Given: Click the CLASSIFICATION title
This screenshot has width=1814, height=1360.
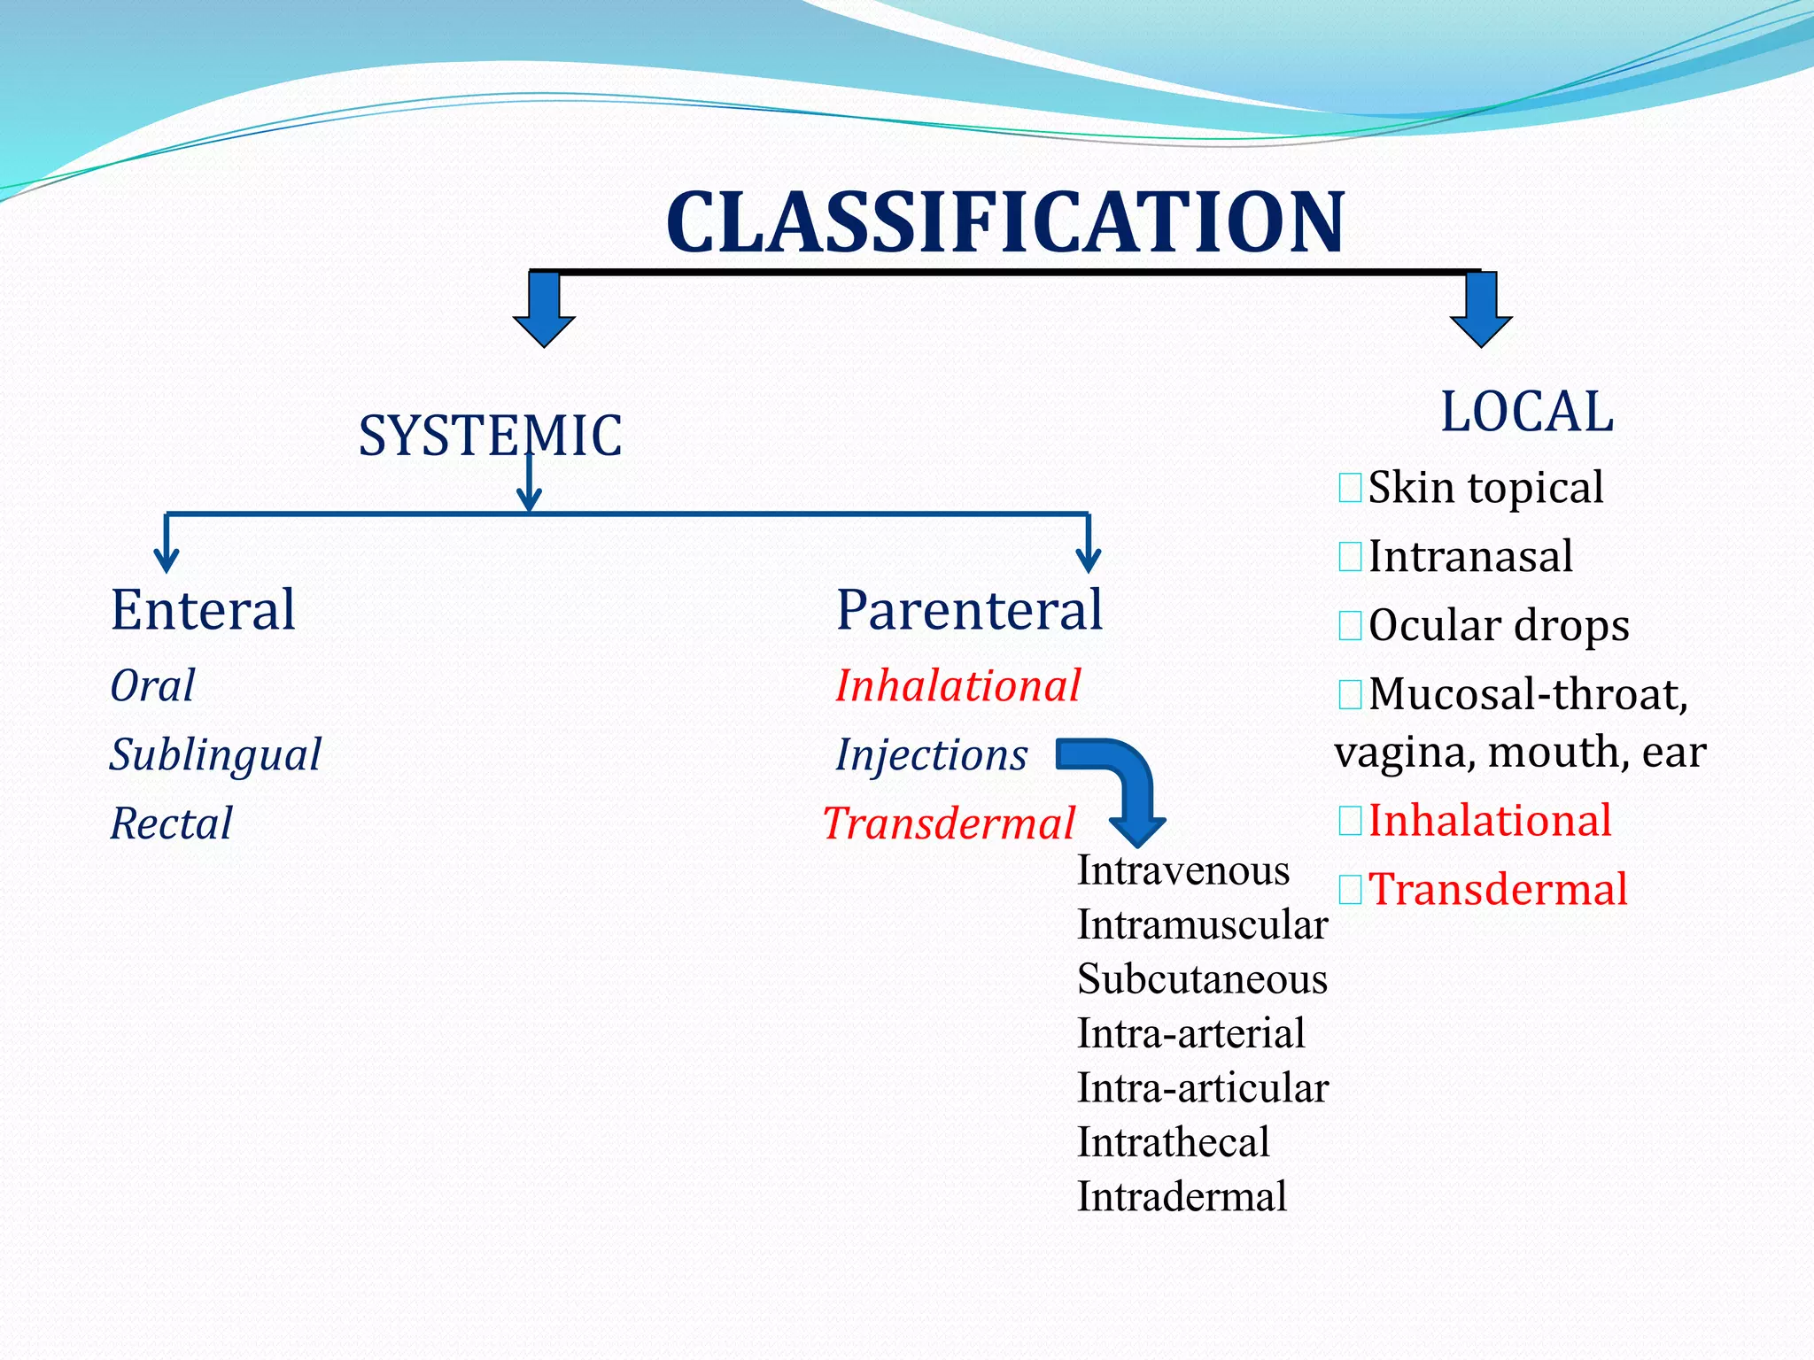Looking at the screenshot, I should (x=1004, y=222).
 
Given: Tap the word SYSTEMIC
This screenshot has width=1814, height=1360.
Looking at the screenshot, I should (x=490, y=436).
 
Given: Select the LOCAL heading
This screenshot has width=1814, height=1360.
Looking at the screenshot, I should (x=1527, y=412).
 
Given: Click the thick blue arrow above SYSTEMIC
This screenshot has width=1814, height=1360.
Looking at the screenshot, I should (x=544, y=310).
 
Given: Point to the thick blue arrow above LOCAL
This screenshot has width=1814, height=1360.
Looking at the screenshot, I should (x=1481, y=310).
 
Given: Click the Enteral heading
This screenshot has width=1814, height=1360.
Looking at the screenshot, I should (x=203, y=610).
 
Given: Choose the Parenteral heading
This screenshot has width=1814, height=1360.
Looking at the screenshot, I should (x=969, y=610).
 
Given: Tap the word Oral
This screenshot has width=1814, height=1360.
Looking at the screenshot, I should (x=152, y=686).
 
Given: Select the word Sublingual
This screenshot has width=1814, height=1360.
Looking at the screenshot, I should (x=215, y=755).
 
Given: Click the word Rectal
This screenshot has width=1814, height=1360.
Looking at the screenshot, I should (x=171, y=823).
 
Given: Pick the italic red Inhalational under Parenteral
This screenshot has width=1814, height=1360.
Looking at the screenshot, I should (x=957, y=686).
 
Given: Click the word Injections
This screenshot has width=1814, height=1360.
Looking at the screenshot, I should (x=931, y=755).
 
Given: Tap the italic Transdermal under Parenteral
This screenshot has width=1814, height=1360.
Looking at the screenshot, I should (x=949, y=823).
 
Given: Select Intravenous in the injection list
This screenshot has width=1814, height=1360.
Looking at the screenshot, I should (x=1182, y=871).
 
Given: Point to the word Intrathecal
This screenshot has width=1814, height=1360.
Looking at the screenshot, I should (x=1173, y=1142).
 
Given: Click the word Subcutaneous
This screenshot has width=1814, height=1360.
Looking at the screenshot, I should (x=1202, y=979).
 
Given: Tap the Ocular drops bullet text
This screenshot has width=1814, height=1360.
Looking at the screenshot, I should (x=1498, y=625).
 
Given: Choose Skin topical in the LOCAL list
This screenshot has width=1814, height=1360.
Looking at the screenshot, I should (x=1485, y=487).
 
